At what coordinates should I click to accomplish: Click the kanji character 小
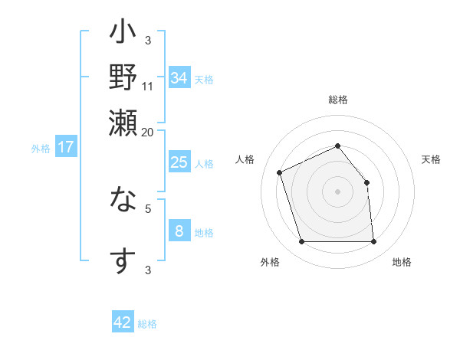(x=123, y=34)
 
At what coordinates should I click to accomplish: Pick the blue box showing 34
(x=179, y=78)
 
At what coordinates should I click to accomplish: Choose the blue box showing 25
(x=179, y=162)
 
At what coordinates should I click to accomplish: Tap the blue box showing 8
(x=179, y=231)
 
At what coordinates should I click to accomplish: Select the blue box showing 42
(x=123, y=322)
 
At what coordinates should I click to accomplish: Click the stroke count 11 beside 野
(x=148, y=86)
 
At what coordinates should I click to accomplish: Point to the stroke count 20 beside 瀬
(x=148, y=131)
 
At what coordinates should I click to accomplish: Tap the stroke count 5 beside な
(x=148, y=207)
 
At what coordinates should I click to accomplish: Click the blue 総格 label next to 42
(x=147, y=324)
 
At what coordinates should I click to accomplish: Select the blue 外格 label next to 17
(x=41, y=149)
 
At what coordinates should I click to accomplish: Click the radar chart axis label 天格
(x=432, y=159)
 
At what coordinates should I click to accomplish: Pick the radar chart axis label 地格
(x=402, y=262)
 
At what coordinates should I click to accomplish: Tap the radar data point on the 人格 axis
(x=281, y=172)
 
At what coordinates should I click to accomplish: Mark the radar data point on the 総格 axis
(x=337, y=146)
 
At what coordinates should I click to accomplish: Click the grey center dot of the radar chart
(x=337, y=191)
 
